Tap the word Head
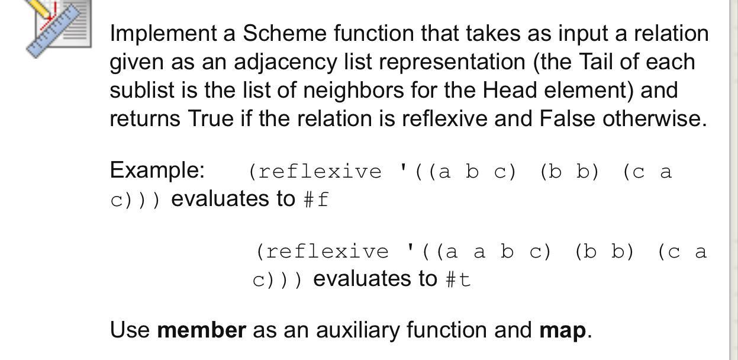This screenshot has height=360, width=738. click(510, 90)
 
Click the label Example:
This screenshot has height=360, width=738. click(157, 170)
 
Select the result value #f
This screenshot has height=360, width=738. click(315, 200)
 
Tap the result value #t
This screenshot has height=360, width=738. click(457, 279)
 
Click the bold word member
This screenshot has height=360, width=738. click(201, 330)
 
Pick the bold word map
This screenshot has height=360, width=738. click(562, 330)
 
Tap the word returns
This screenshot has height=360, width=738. click(145, 118)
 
